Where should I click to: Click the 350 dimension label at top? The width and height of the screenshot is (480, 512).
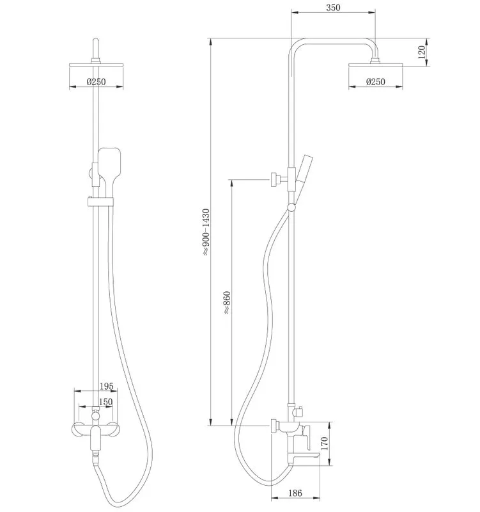[x=333, y=8]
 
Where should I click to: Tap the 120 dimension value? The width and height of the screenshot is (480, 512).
[x=422, y=52]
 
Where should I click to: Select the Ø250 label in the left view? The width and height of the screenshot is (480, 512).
[x=97, y=82]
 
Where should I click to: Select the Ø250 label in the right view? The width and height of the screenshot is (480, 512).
[x=375, y=82]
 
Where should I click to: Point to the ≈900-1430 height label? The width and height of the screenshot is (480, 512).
[x=206, y=232]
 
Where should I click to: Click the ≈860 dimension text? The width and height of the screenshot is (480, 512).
[x=227, y=303]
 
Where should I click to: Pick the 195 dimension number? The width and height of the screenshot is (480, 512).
[x=106, y=387]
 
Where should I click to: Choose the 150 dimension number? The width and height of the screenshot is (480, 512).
[x=105, y=402]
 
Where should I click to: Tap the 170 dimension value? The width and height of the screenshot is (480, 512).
[x=325, y=444]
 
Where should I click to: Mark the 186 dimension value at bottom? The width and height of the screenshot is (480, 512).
[x=295, y=493]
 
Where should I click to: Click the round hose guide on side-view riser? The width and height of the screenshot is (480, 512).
[x=291, y=207]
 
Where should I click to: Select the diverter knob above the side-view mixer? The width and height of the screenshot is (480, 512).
[x=298, y=412]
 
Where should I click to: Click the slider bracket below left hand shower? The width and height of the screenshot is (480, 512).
[x=100, y=202]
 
